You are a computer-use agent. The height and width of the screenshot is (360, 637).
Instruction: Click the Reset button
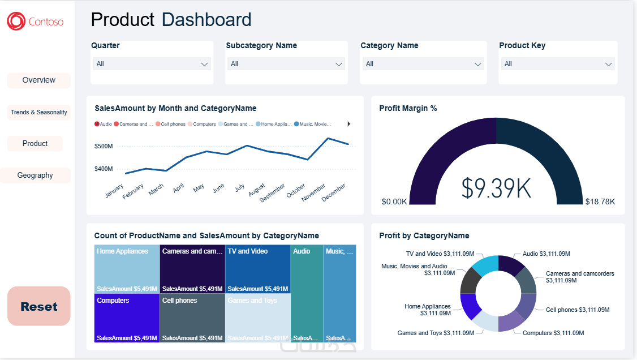[x=39, y=306]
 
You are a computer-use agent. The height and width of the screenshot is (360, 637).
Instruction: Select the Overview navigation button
[x=39, y=80]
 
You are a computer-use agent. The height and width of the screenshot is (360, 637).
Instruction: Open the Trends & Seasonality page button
[x=39, y=112]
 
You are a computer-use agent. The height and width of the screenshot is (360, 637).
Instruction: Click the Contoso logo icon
[x=16, y=22]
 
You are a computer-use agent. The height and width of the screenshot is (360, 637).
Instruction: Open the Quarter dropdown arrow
[x=205, y=65]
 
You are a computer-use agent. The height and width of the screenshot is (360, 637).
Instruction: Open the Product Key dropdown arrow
[x=609, y=65]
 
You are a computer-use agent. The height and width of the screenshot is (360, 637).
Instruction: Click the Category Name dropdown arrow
[x=478, y=65]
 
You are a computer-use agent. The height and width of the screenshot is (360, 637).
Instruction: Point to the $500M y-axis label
[x=103, y=146]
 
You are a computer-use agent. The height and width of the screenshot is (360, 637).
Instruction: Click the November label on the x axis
[x=313, y=192]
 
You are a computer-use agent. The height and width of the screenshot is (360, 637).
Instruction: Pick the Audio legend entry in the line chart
[x=103, y=124]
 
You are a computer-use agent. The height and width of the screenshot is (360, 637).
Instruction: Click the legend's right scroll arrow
[x=349, y=124]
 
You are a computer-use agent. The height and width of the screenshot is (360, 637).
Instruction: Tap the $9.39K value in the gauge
[x=496, y=188]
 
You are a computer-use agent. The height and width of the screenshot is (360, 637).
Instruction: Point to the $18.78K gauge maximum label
[x=600, y=202]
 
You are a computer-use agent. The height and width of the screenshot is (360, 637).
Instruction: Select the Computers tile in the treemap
[x=127, y=317]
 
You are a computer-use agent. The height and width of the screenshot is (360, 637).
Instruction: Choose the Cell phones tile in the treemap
[x=192, y=317]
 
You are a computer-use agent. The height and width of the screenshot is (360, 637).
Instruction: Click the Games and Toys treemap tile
[x=257, y=317]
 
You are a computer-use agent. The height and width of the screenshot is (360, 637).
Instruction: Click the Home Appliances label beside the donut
[x=428, y=310]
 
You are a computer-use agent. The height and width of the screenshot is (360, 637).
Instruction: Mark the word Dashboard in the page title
[x=206, y=20]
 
